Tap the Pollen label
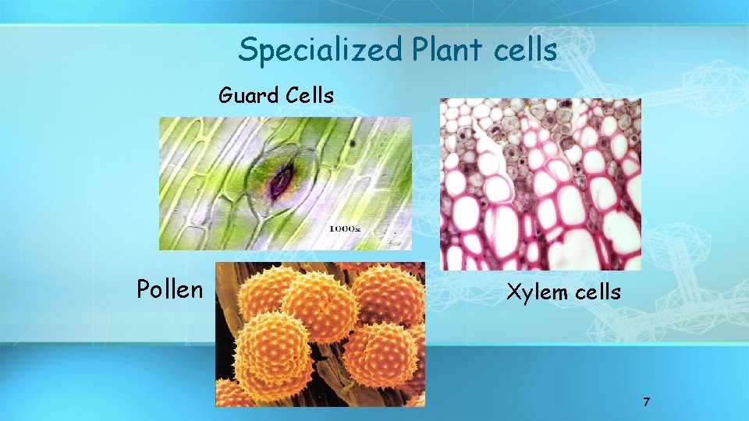(169, 289)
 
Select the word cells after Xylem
(598, 292)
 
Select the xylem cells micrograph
(540, 184)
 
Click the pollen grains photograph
(320, 334)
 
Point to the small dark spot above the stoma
(352, 143)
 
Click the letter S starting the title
(247, 51)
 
